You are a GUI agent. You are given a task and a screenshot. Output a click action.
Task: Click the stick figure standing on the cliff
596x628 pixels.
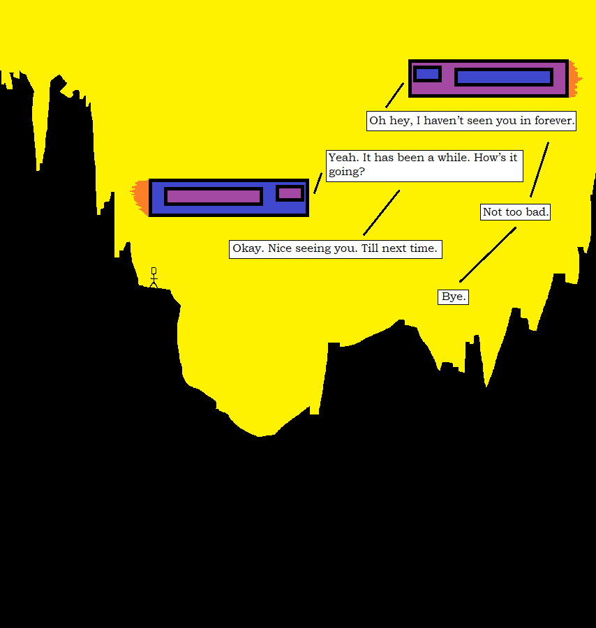[154, 278]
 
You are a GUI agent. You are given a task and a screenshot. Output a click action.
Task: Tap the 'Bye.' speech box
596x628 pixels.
[453, 297]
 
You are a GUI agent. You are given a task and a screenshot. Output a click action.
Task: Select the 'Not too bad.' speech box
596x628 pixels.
[515, 212]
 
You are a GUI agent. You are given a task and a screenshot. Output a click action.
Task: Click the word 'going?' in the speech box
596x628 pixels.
[346, 172]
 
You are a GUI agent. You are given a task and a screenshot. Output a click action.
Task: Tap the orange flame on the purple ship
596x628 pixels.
[575, 79]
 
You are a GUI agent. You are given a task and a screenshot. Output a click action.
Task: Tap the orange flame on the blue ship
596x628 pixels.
[140, 198]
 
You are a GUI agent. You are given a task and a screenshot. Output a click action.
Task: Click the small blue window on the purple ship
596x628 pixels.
[427, 74]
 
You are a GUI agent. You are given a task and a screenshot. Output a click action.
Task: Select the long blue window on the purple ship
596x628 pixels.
[504, 77]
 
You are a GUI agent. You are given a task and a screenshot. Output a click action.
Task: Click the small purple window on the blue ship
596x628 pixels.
[290, 194]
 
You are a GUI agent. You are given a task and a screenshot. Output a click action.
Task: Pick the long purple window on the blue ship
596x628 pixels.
[214, 196]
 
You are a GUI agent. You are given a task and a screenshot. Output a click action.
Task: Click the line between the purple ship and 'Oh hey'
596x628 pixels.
[394, 96]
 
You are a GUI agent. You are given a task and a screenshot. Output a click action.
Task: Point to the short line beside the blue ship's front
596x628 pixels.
[318, 183]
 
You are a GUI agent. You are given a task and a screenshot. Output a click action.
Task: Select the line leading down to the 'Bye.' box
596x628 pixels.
[488, 255]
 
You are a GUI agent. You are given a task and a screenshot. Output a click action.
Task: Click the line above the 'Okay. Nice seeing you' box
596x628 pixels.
[381, 213]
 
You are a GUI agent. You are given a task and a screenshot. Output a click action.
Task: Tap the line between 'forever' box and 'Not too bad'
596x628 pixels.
[539, 170]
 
